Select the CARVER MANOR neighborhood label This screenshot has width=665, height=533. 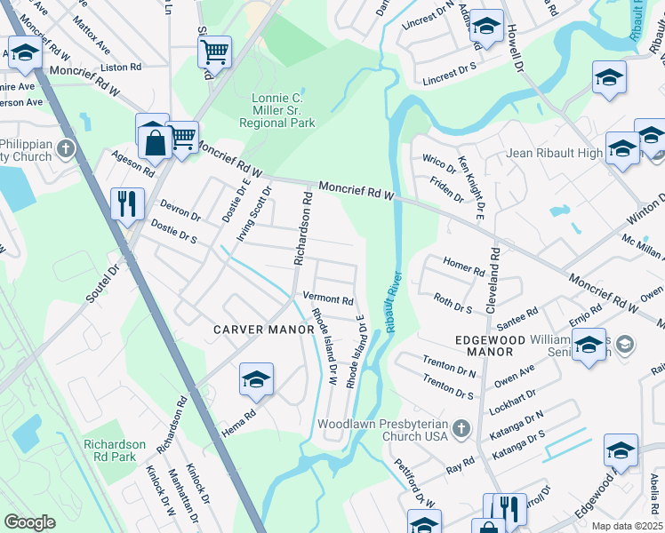click(264, 330)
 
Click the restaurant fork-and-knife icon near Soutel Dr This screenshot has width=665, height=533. click(128, 203)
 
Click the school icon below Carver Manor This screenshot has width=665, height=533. click(256, 380)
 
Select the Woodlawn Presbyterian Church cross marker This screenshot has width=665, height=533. click(461, 430)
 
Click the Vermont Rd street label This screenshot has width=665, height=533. click(328, 299)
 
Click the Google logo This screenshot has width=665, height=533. click(30, 522)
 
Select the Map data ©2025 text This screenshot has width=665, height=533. click(627, 526)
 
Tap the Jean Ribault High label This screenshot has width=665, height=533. click(555, 153)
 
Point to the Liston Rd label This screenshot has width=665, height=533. click(122, 67)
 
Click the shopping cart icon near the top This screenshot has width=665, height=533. click(214, 52)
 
